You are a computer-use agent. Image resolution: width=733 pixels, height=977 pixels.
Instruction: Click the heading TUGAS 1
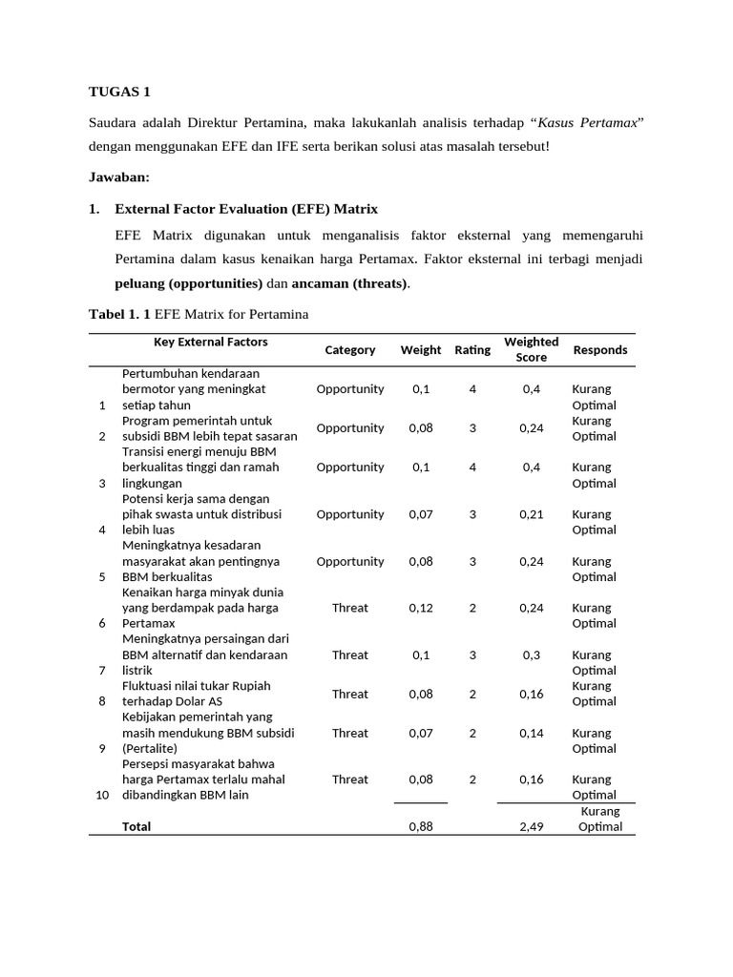[119, 92]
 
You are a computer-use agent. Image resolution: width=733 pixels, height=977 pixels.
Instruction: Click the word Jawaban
[119, 177]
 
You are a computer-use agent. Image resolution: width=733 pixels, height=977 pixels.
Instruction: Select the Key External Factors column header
[211, 342]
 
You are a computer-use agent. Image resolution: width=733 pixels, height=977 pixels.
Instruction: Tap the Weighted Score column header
[531, 349]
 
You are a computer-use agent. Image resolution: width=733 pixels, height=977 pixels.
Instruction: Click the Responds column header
[599, 350]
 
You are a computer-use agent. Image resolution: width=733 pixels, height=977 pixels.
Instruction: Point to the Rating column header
[472, 350]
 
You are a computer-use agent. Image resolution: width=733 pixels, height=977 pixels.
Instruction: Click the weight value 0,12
[421, 608]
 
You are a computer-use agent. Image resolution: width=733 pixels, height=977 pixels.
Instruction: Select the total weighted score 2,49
[531, 827]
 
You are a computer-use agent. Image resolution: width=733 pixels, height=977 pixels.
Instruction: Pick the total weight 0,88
[421, 827]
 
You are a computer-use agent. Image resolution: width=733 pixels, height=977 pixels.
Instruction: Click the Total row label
[136, 827]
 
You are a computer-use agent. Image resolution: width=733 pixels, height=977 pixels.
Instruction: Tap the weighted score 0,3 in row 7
[531, 655]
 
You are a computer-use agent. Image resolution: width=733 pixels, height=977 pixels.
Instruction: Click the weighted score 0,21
[531, 514]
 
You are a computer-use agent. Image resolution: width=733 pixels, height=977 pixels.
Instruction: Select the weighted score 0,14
[531, 733]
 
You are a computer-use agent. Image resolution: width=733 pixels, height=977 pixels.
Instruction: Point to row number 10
[103, 795]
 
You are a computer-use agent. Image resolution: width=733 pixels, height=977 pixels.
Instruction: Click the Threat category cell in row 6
[349, 608]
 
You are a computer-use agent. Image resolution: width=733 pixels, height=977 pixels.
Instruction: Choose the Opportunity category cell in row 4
[349, 514]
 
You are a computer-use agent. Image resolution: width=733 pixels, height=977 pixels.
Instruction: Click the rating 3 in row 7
[472, 655]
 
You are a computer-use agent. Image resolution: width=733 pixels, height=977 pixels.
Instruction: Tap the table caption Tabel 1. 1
[119, 315]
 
